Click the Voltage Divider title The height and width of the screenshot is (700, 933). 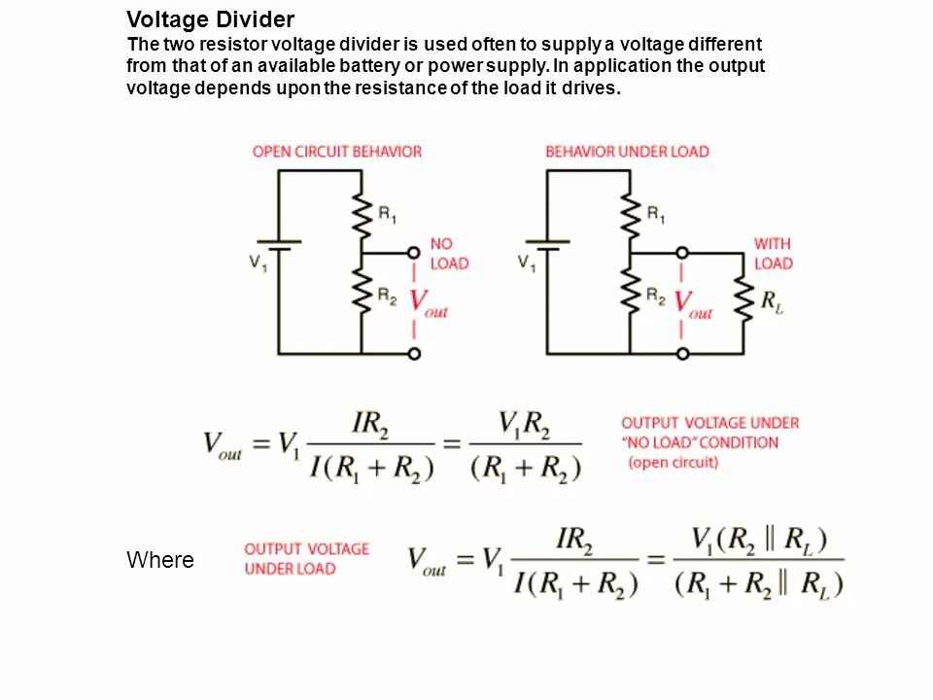pyautogui.click(x=211, y=19)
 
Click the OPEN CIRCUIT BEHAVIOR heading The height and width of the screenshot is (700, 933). pyautogui.click(x=337, y=152)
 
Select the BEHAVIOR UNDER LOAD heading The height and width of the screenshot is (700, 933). pyautogui.click(x=627, y=152)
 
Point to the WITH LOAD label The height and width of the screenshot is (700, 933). pyautogui.click(x=773, y=254)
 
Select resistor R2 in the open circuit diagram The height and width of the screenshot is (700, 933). pyautogui.click(x=362, y=292)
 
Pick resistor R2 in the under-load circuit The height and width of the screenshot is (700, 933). pyautogui.click(x=630, y=292)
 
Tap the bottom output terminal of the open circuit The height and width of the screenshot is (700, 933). pyautogui.click(x=414, y=353)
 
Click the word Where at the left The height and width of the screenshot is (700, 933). pyautogui.click(x=160, y=561)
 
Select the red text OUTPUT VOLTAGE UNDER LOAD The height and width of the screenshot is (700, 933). pyautogui.click(x=306, y=559)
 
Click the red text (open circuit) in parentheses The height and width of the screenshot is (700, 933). pyautogui.click(x=674, y=463)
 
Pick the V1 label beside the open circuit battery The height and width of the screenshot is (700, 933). pyautogui.click(x=258, y=262)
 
